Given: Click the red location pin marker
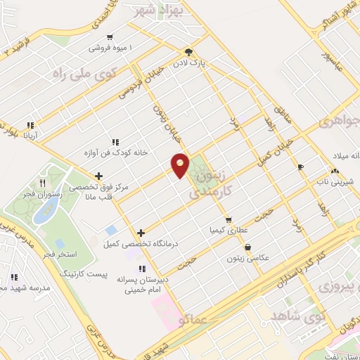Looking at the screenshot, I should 181,165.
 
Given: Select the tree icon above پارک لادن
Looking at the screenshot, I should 188,52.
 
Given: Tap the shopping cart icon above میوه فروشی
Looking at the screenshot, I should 110,37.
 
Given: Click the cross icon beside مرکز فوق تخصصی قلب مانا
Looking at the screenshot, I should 99,176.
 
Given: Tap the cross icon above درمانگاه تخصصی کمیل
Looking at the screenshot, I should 141,233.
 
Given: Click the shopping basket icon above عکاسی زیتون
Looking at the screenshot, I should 248,247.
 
